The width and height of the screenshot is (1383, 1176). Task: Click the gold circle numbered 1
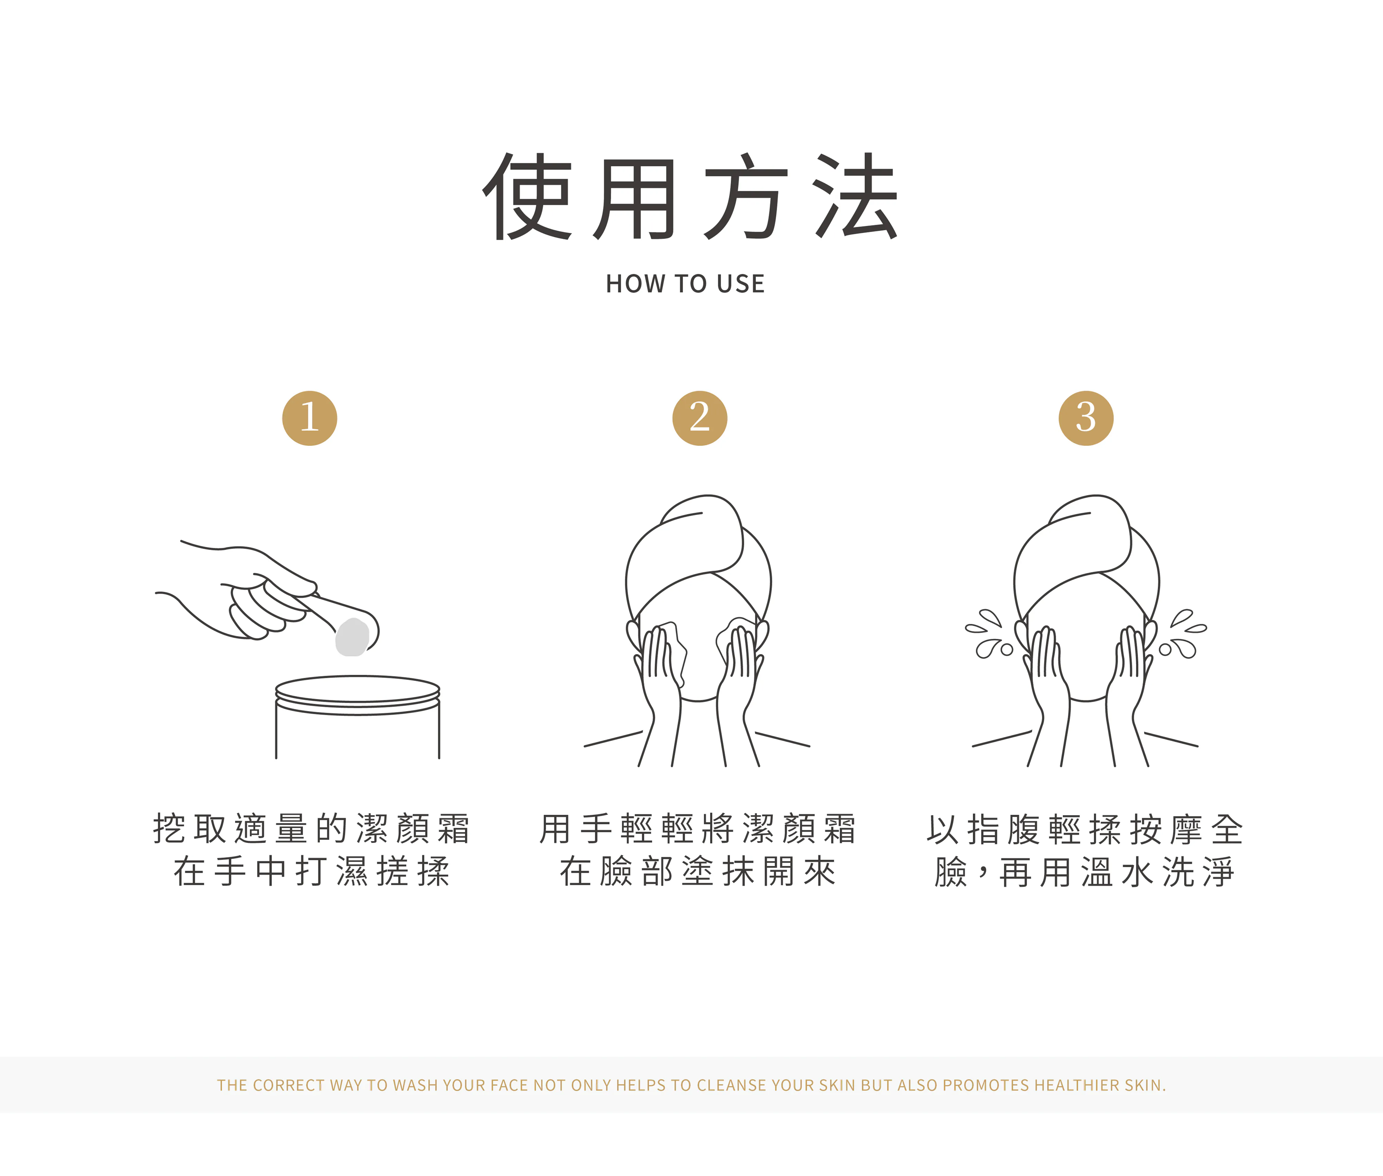309,418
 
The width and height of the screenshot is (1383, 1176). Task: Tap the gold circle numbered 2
700,418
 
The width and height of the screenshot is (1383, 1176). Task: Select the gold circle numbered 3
1086,418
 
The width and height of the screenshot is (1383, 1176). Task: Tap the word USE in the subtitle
741,284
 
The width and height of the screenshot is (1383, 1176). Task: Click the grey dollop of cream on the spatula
352,637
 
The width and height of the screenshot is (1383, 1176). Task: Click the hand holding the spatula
253,593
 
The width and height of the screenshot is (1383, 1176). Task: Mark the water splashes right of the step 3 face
1183,634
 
